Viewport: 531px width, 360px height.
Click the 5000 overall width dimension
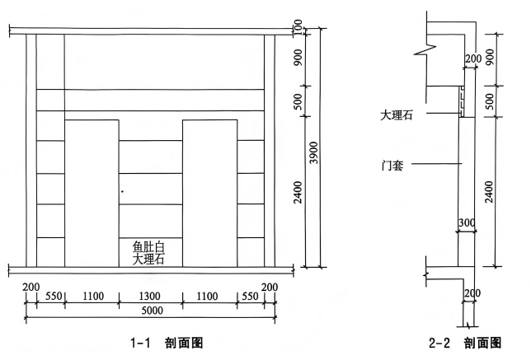(x=152, y=311)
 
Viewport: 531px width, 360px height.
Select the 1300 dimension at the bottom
(x=150, y=297)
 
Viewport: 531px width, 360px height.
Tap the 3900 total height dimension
(x=314, y=152)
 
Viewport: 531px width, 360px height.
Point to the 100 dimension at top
(x=298, y=26)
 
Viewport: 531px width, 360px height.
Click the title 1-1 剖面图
(x=167, y=343)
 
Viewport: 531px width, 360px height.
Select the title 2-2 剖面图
(x=465, y=343)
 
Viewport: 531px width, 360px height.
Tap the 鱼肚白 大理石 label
(x=148, y=253)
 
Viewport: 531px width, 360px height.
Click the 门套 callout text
(x=392, y=166)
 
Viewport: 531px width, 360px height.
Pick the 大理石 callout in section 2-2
(x=397, y=115)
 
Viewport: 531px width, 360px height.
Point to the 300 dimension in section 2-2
(x=467, y=222)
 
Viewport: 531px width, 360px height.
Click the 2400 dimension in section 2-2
(x=490, y=192)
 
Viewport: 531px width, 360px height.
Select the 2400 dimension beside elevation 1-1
(x=298, y=192)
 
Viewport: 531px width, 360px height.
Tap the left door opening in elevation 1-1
(x=92, y=194)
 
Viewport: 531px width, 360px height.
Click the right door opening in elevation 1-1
(x=210, y=194)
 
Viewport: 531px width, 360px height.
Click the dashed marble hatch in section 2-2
(x=461, y=101)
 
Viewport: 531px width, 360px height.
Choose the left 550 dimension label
(x=54, y=297)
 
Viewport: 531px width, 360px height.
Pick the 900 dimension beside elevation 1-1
(x=298, y=58)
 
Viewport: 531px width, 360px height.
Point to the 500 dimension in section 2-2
(x=490, y=101)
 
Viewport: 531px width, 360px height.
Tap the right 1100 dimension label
(x=207, y=297)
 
